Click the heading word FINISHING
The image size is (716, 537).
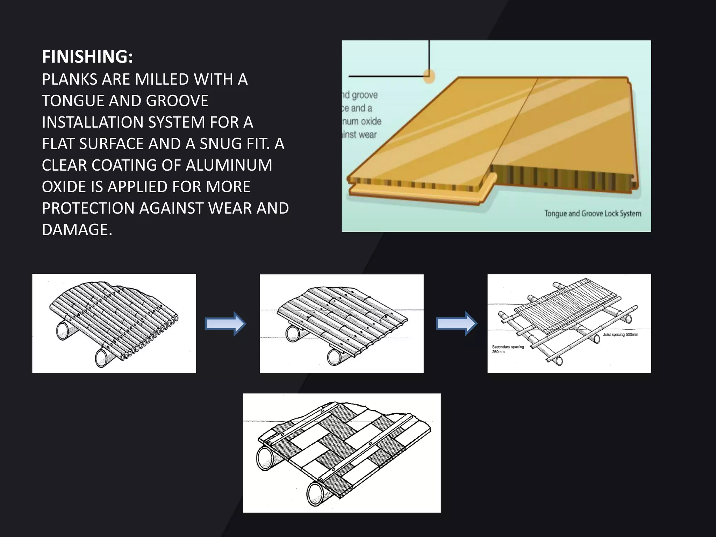click(87, 57)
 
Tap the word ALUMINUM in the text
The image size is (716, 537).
click(229, 165)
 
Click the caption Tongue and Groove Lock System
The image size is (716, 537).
click(592, 214)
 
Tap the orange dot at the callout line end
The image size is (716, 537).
click(429, 76)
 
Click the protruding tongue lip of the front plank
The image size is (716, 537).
click(420, 194)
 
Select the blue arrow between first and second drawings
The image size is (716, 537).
click(225, 324)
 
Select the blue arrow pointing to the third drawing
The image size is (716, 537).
click(456, 324)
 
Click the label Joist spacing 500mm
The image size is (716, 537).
click(620, 335)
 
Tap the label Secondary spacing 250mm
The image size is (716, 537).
click(508, 349)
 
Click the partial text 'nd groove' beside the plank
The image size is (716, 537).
click(360, 95)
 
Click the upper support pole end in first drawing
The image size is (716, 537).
click(64, 330)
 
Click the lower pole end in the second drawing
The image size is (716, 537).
click(335, 357)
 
